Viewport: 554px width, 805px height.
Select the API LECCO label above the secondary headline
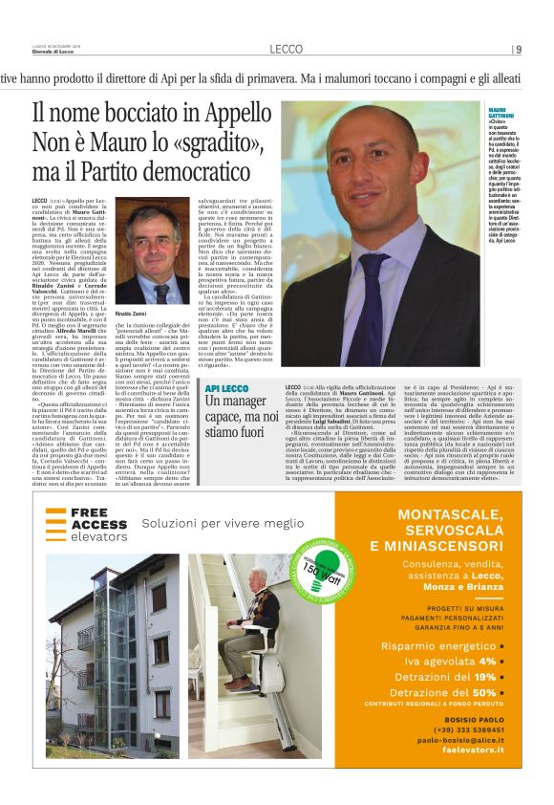tap(226, 389)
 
